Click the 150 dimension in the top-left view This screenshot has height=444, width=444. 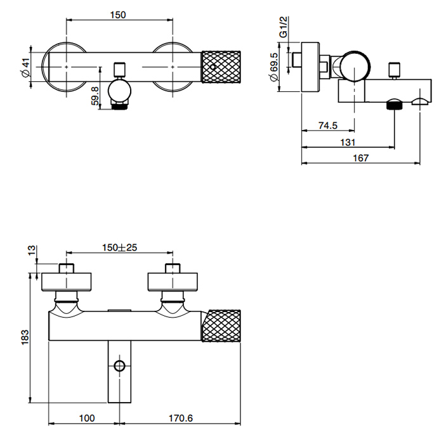118,13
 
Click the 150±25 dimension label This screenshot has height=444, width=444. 120,248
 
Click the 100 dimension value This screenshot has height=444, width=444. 86,418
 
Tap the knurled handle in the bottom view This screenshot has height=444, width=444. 223,326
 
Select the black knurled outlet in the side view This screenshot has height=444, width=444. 393,104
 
